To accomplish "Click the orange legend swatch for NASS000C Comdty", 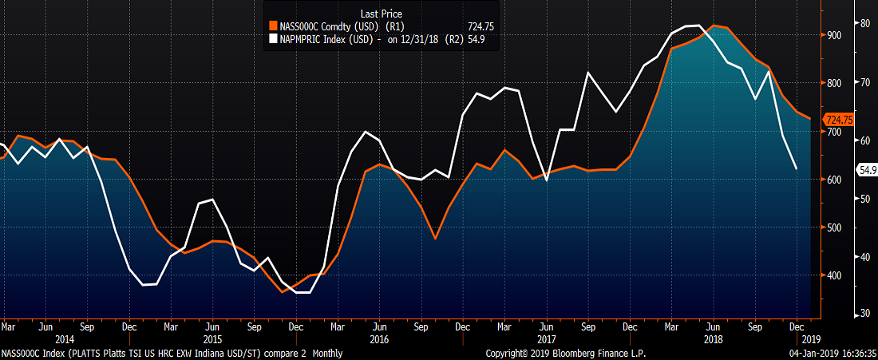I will point(273,26).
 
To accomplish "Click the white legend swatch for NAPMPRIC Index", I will point(273,38).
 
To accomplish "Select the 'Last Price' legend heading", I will point(381,14).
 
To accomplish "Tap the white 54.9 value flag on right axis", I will point(867,169).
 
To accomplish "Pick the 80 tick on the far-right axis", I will point(864,23).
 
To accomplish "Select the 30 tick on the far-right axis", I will point(864,314).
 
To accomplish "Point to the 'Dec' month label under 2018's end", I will point(796,326).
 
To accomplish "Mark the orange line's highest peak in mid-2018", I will point(714,26).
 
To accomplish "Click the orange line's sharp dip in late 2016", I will point(435,239).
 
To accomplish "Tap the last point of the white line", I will point(796,169).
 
